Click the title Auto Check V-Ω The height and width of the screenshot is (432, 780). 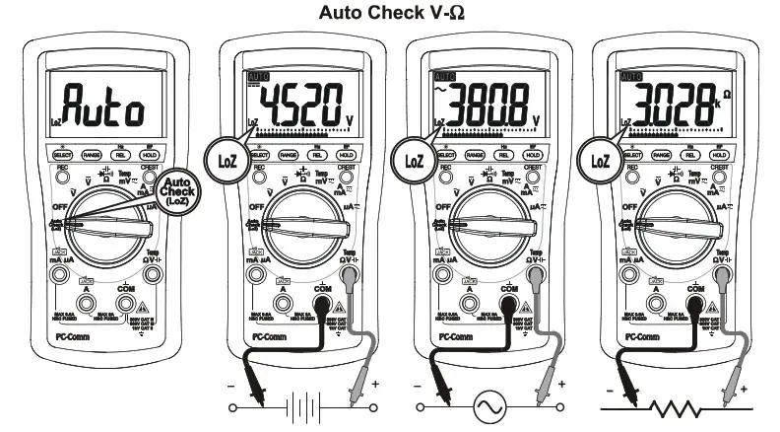click(390, 14)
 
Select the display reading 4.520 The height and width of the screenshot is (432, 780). click(295, 102)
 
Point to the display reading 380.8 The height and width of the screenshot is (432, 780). click(483, 102)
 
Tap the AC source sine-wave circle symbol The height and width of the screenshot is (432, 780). click(488, 407)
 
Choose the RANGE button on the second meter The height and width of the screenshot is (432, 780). click(290, 155)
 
